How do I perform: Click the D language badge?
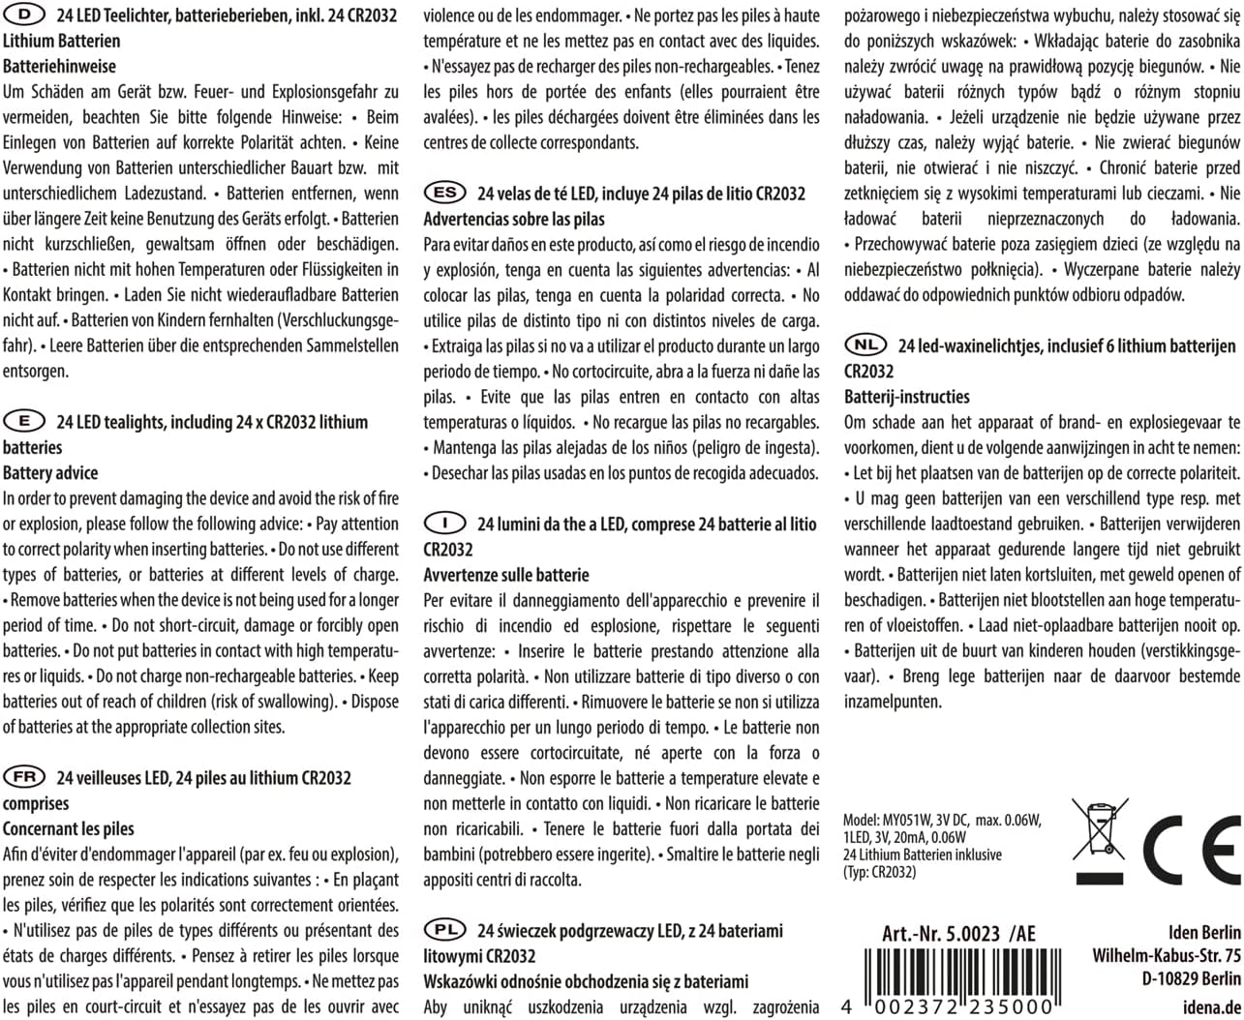[24, 15]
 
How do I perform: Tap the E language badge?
[24, 421]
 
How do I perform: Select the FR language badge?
[24, 777]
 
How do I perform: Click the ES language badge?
[444, 193]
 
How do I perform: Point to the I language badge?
[444, 524]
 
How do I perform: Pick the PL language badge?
[444, 930]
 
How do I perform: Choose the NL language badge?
[865, 345]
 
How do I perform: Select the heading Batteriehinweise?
[59, 67]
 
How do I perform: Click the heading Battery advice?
[50, 473]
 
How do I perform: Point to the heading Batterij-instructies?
[906, 397]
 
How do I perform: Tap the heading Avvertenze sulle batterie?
[506, 575]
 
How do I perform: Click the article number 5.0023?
[958, 934]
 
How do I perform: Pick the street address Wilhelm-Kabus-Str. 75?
[1167, 956]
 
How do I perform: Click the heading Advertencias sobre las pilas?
[514, 219]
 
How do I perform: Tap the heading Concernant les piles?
[69, 828]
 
